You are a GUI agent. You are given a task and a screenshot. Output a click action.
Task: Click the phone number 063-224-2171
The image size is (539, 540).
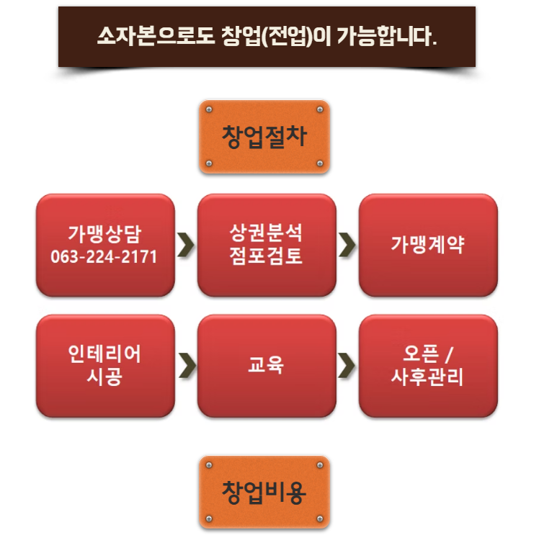click(104, 256)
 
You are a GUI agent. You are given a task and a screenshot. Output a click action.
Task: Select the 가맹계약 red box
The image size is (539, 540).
click(428, 245)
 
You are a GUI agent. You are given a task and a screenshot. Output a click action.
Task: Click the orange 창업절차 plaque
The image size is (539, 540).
click(264, 137)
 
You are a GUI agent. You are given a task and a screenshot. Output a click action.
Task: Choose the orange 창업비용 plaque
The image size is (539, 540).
click(264, 492)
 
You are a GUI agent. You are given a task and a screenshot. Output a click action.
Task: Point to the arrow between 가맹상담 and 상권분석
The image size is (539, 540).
click(187, 245)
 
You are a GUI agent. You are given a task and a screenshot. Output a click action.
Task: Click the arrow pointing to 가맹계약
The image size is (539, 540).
click(347, 245)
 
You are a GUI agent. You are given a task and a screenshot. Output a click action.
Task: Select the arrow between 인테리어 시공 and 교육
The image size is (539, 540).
click(187, 365)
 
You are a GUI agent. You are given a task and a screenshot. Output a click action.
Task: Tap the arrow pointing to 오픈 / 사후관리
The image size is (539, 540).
click(347, 365)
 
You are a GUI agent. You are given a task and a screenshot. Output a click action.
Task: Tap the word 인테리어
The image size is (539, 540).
click(104, 354)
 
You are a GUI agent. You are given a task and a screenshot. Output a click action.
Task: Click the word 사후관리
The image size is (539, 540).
click(428, 377)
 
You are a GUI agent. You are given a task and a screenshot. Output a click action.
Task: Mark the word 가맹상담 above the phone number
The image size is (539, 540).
click(104, 234)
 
